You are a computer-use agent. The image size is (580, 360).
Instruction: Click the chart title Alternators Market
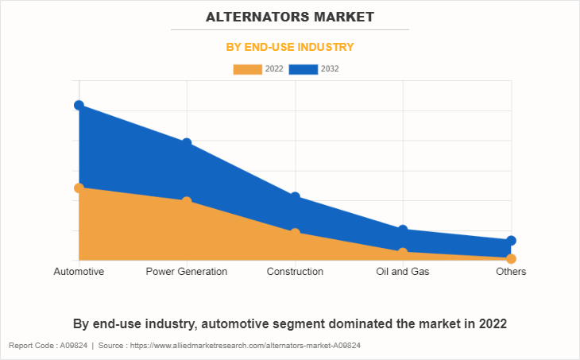(x=289, y=16)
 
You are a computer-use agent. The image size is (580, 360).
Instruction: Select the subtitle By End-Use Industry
(x=290, y=47)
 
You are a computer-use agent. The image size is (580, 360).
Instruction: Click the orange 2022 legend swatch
(x=247, y=69)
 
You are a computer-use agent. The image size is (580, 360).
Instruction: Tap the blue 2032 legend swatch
(x=304, y=69)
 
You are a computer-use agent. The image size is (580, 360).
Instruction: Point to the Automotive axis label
(x=79, y=272)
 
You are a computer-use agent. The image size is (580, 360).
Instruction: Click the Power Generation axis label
(x=187, y=272)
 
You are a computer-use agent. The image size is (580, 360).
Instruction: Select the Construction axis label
(x=295, y=272)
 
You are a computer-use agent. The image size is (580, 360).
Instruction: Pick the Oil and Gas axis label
(x=403, y=272)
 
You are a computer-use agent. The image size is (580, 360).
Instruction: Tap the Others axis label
(x=511, y=272)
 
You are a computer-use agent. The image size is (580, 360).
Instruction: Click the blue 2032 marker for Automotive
(x=79, y=105)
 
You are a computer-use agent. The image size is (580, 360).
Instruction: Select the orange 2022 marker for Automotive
(x=79, y=188)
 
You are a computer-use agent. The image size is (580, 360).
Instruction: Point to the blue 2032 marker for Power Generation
(x=187, y=143)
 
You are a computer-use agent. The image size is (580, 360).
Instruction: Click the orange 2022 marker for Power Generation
(x=187, y=201)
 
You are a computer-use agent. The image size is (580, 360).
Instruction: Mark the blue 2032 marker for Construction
(x=295, y=196)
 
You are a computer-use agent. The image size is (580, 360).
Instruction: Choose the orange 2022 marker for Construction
(x=295, y=233)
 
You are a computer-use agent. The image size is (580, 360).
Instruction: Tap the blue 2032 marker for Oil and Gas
(x=403, y=230)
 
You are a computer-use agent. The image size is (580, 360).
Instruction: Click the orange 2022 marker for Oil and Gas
(x=403, y=252)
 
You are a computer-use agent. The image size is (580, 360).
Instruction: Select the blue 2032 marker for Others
(x=511, y=240)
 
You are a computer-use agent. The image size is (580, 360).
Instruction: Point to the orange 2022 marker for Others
(x=511, y=258)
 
